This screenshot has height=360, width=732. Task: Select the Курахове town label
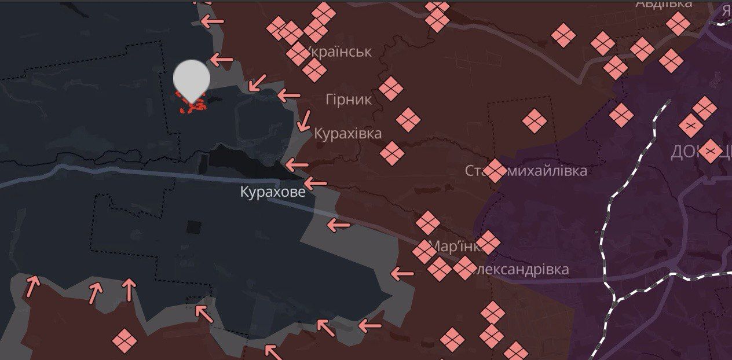[x=273, y=192]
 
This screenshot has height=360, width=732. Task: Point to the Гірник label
[x=349, y=100]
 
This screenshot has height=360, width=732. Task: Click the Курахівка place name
[x=347, y=134]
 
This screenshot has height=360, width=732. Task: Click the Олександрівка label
[x=524, y=269]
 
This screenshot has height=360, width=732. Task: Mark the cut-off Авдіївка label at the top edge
[x=664, y=3]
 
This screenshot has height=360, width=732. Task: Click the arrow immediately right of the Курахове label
[x=316, y=184]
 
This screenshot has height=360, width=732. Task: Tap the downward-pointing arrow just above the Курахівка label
[x=303, y=121]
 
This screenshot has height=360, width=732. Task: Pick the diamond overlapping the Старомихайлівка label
[x=494, y=171]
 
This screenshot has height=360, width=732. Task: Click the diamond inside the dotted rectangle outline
[x=534, y=120]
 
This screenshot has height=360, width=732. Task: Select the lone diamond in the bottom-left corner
[x=124, y=340]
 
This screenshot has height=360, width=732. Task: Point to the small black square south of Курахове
[x=193, y=227]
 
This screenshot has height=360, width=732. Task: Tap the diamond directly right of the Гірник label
[x=391, y=89]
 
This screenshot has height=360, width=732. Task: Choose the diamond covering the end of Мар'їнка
[x=487, y=242]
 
